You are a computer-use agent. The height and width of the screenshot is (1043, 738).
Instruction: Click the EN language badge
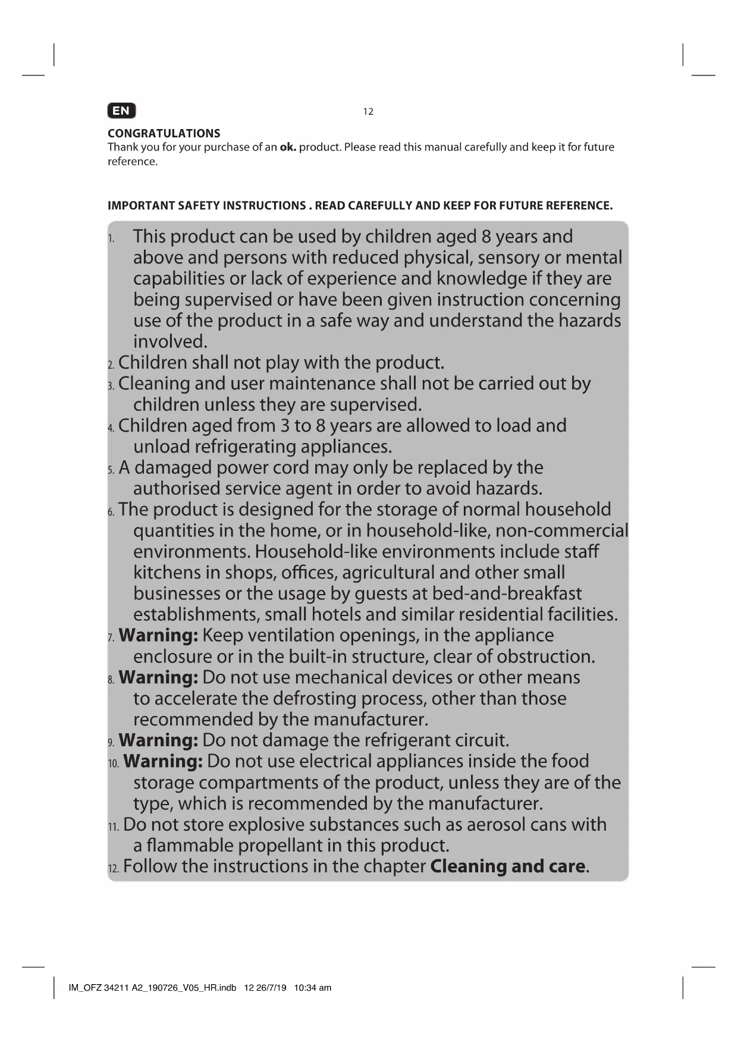121,111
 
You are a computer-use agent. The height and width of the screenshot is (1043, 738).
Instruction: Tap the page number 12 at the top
368,112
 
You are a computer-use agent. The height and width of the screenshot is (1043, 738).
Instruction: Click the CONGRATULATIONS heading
164,133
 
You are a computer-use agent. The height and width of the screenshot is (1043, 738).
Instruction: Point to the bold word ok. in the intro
288,147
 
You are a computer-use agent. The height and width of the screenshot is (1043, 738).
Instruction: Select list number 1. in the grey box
111,239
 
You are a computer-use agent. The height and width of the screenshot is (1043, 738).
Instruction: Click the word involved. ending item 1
170,341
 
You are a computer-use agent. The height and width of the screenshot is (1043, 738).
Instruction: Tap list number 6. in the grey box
111,512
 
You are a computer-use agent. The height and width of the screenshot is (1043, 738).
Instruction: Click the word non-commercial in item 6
561,530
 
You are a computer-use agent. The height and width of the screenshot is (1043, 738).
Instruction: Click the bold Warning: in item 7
158,635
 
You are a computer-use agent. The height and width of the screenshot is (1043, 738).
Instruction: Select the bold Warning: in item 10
163,761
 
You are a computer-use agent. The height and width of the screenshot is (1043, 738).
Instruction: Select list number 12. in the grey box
113,869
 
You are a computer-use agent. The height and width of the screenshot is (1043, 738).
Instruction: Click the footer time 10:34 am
313,988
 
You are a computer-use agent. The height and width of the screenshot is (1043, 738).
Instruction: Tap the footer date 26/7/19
273,988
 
